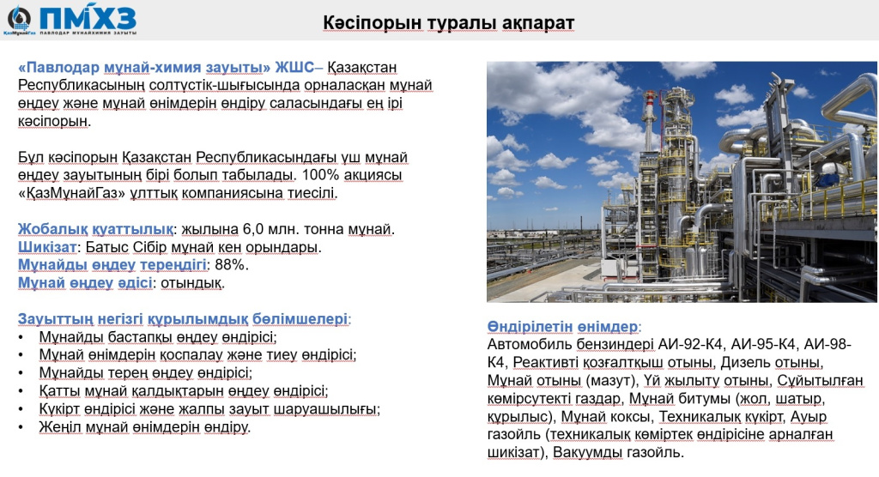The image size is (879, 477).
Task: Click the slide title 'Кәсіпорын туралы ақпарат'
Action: coord(448,23)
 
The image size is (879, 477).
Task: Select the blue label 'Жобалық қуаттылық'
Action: coord(95,229)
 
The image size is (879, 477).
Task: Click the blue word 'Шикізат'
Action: coord(47,247)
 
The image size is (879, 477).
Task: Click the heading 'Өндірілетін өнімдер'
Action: coord(562,326)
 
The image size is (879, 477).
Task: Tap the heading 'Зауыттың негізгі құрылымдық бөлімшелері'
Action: coord(183,319)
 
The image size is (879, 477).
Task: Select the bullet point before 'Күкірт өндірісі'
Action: coord(21,409)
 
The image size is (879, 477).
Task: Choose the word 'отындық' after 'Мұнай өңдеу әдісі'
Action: coord(191,283)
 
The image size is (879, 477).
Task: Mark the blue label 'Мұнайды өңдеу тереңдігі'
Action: coord(112,264)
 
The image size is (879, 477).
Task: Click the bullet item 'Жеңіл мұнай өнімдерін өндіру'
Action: coord(143,427)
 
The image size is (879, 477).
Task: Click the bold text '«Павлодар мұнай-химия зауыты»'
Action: coord(144,67)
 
